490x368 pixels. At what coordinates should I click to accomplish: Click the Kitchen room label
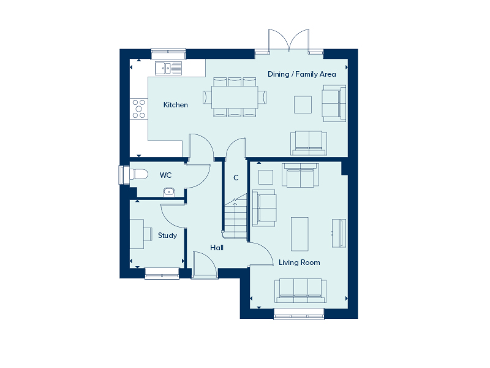(x=175, y=105)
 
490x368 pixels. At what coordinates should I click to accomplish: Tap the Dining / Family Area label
(x=301, y=74)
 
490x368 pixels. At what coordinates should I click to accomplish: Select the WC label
(x=165, y=175)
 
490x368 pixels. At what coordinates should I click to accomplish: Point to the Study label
(x=167, y=236)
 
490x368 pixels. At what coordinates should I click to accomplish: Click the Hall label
(x=217, y=248)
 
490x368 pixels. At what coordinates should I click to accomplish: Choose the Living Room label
(x=299, y=263)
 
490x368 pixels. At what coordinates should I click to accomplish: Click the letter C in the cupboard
(x=236, y=178)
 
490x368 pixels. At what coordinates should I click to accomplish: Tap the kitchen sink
(x=168, y=68)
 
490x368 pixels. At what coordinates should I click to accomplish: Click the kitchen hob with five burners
(x=139, y=109)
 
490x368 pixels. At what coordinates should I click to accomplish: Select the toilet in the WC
(x=138, y=174)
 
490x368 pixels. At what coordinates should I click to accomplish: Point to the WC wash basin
(x=169, y=192)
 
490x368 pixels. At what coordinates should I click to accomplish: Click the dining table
(x=235, y=98)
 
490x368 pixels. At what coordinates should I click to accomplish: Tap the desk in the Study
(x=137, y=234)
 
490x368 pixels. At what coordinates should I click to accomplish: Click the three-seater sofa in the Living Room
(x=300, y=291)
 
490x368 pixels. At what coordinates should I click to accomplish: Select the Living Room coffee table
(x=300, y=234)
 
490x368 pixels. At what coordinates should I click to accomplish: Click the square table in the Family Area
(x=303, y=104)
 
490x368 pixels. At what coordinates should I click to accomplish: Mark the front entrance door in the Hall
(x=205, y=264)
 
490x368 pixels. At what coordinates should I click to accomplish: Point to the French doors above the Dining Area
(x=288, y=41)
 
